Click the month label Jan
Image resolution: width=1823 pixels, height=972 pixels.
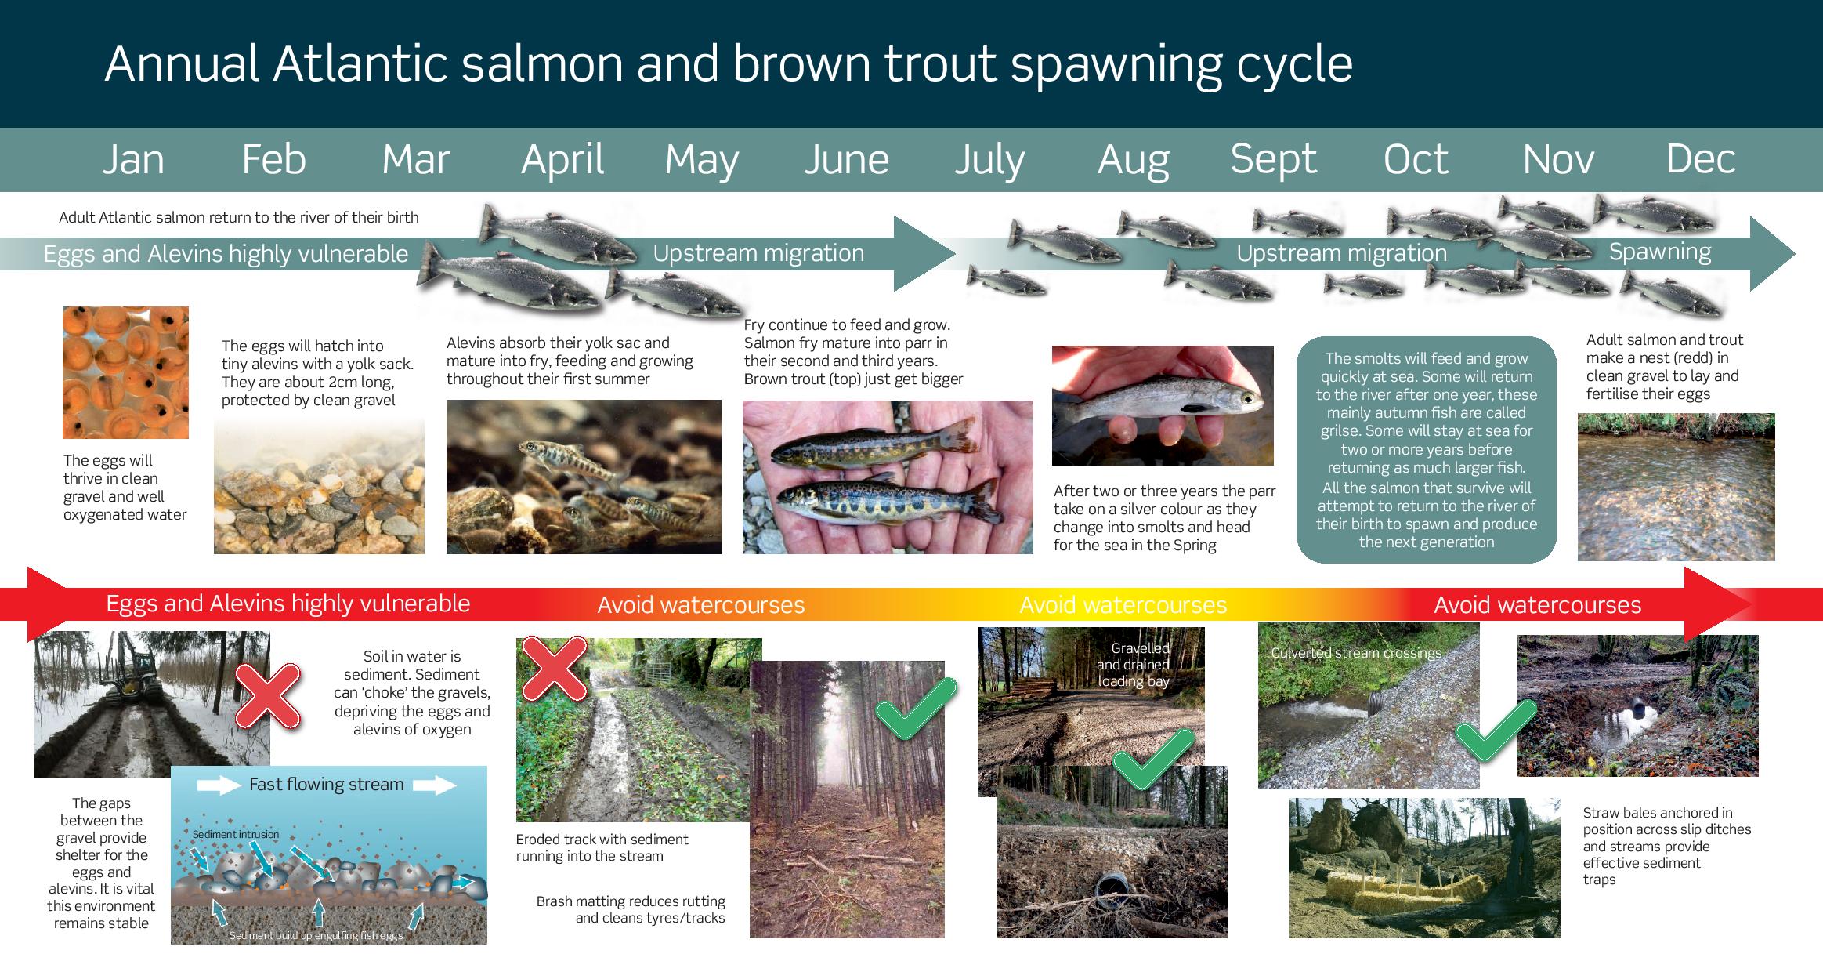[x=133, y=159]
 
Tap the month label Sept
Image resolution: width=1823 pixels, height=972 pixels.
[x=1274, y=161]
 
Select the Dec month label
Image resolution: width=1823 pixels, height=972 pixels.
[x=1700, y=159]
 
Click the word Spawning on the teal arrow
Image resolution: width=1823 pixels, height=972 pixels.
[x=1660, y=252]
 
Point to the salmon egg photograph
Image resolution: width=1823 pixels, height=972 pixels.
[x=125, y=372]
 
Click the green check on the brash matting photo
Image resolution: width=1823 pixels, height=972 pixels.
[x=916, y=709]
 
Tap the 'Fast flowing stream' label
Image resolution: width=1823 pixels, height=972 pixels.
[x=327, y=785]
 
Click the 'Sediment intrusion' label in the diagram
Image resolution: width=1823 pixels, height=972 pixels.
[x=236, y=834]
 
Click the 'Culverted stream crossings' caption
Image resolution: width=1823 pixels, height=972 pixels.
[x=1356, y=653]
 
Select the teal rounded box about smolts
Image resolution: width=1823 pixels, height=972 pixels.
[x=1426, y=450]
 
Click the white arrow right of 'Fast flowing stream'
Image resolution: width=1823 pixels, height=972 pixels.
[x=435, y=785]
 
